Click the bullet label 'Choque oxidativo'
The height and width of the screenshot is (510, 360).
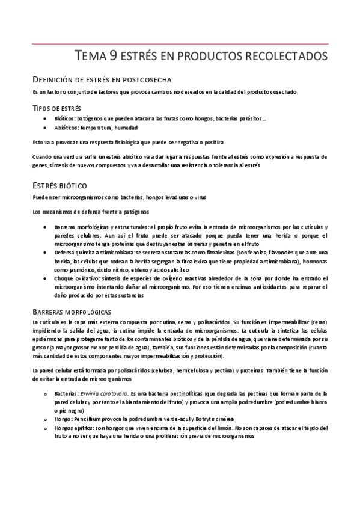pos(75,279)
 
